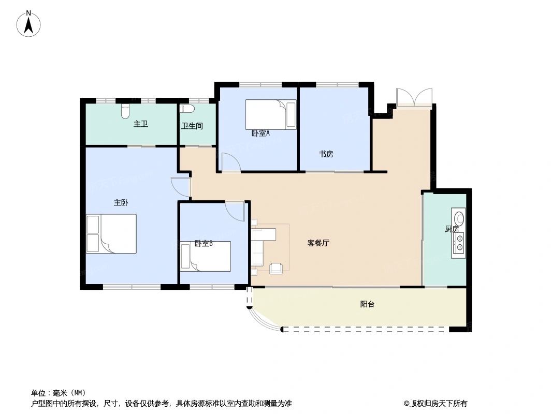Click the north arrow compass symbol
[30, 23]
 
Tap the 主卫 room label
[141, 124]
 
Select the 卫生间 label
[192, 126]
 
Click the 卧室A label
[260, 134]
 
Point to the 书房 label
[326, 154]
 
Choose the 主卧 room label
[121, 203]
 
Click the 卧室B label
[204, 244]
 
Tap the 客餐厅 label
[318, 243]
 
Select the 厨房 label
[452, 229]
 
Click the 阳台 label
[367, 304]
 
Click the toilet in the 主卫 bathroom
[125, 110]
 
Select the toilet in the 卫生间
[187, 109]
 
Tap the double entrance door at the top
[414, 98]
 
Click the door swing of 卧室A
[230, 162]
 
